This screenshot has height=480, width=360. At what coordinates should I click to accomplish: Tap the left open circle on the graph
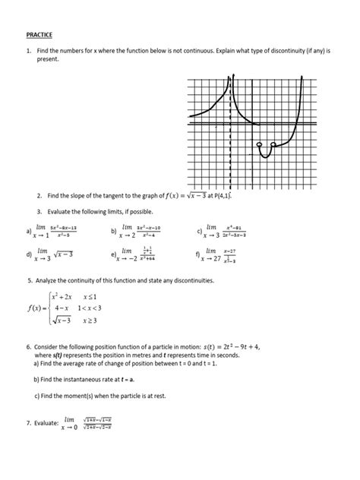pyautogui.click(x=260, y=144)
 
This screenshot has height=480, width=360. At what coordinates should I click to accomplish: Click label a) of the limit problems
pyautogui.click(x=28, y=231)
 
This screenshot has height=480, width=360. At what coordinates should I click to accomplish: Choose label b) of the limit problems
pyautogui.click(x=113, y=231)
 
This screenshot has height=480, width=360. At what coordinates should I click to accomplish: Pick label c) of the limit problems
pyautogui.click(x=198, y=231)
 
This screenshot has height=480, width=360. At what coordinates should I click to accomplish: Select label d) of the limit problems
pyautogui.click(x=28, y=254)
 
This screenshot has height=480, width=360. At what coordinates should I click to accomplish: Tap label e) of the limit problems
pyautogui.click(x=113, y=254)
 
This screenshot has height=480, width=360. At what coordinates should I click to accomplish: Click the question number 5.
pyautogui.click(x=28, y=281)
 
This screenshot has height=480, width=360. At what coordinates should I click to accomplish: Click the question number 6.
pyautogui.click(x=28, y=346)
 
